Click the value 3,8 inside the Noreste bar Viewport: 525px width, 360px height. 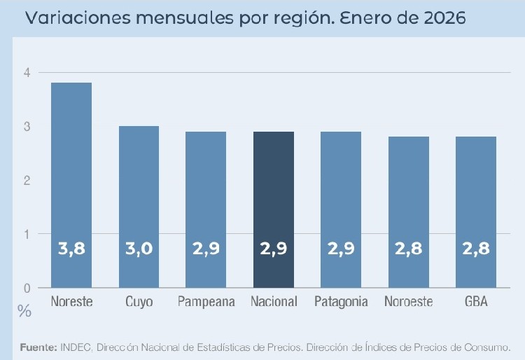point(71,249)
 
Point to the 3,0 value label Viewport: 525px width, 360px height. point(139,249)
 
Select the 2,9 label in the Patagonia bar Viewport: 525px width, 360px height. point(341,249)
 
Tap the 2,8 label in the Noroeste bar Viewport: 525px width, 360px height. point(409,249)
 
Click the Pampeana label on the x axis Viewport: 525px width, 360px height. point(206,302)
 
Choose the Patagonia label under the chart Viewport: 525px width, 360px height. point(341,302)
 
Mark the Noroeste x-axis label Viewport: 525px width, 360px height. point(409,302)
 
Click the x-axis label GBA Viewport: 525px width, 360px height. point(476,302)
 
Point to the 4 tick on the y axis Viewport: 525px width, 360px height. point(27,73)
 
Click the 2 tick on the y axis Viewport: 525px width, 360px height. point(27,181)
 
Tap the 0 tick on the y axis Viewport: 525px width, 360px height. point(27,288)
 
